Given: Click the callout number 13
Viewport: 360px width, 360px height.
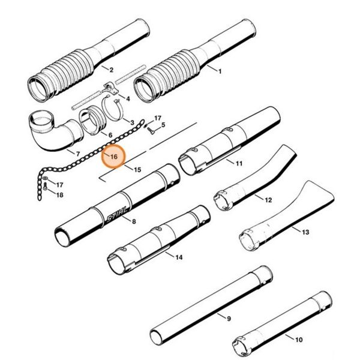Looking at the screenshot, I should tap(305, 232).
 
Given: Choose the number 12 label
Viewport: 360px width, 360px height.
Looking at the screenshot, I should tap(268, 200).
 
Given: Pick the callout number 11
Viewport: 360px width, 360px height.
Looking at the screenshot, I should tap(239, 163).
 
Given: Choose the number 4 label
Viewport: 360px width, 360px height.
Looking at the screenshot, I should tap(128, 97).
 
